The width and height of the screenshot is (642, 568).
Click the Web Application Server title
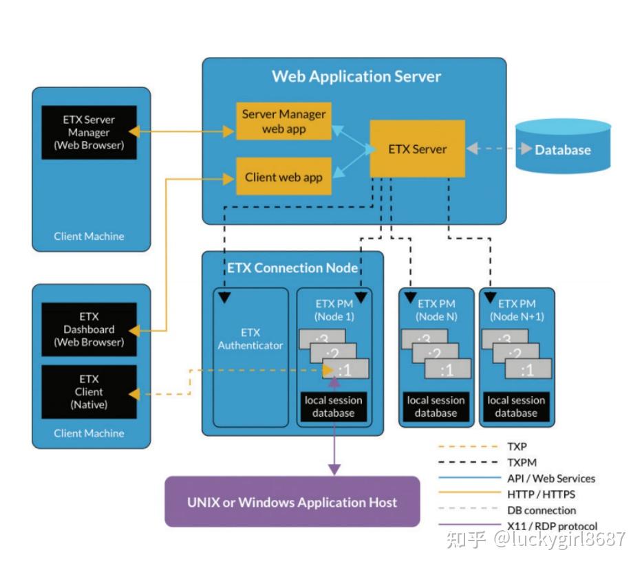tap(356, 76)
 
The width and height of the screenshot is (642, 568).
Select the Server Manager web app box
tap(283, 121)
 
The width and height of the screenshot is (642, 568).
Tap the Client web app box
tap(283, 177)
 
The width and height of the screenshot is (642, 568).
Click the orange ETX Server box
tap(417, 149)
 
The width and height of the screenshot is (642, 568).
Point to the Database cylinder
tap(563, 146)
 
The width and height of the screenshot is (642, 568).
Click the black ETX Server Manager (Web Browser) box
tap(89, 132)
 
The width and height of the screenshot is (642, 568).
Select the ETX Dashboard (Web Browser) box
tap(89, 329)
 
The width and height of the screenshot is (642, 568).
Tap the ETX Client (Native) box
tap(89, 391)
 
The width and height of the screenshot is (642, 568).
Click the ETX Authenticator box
tap(250, 340)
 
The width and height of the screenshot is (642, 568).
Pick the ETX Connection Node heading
tap(293, 268)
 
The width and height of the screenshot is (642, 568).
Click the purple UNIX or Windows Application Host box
tap(292, 502)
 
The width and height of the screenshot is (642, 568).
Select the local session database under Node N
tap(436, 406)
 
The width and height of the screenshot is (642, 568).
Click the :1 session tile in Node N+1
tap(527, 369)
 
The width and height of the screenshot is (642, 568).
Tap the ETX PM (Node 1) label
tap(334, 310)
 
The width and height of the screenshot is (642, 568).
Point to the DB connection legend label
tap(541, 510)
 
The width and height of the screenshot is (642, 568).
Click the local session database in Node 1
tap(334, 406)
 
